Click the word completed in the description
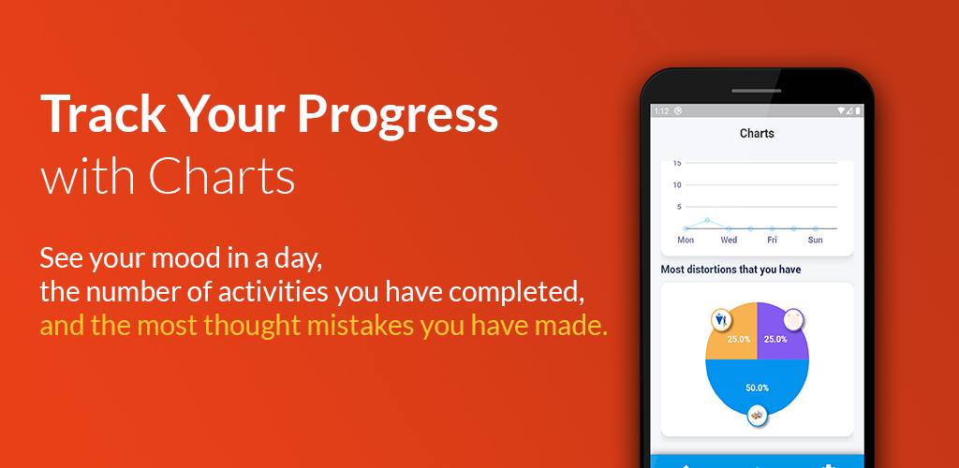[x=512, y=294]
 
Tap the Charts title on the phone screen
[x=757, y=133]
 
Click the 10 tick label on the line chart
[x=677, y=185]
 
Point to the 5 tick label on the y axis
[x=679, y=207]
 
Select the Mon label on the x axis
[x=686, y=241]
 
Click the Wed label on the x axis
[x=729, y=241]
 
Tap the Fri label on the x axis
[x=772, y=241]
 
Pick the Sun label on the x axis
[x=816, y=241]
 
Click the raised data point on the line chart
[x=707, y=220]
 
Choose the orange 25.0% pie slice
[x=734, y=336]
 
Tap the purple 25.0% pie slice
[x=780, y=336]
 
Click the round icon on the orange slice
[x=720, y=319]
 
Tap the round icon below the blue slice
[x=757, y=416]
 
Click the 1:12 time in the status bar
[x=661, y=111]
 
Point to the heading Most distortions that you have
[x=730, y=270]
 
